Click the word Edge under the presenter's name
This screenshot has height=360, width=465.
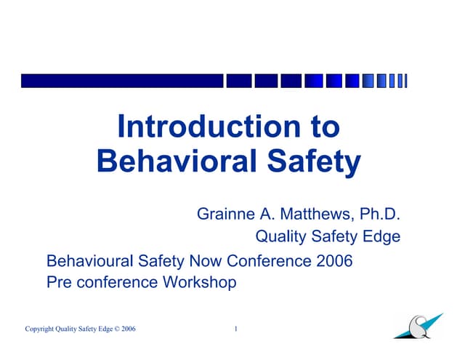tap(382, 236)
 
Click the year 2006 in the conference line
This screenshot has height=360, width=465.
tap(334, 260)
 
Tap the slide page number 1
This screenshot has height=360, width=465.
tap(236, 329)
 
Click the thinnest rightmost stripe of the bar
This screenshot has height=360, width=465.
tap(405, 81)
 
